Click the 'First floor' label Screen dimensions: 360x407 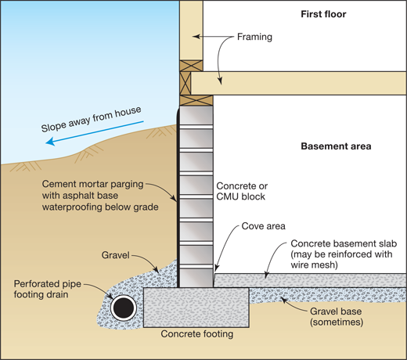[323, 14]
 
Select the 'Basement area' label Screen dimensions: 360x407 [335, 146]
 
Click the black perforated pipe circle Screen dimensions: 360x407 [123, 308]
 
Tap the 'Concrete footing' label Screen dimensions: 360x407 [197, 334]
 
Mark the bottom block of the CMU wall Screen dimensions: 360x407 [196, 275]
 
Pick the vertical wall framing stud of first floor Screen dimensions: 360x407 [190, 31]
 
